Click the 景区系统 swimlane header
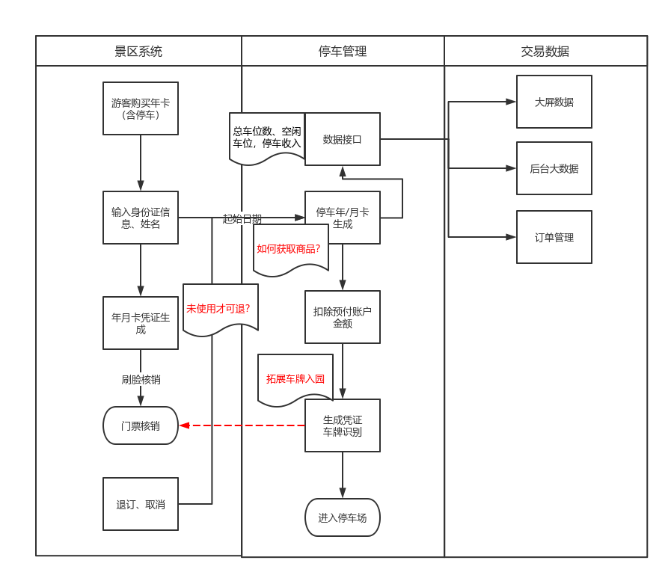tap(138, 51)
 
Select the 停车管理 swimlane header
tap(343, 51)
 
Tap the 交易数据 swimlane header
tap(545, 51)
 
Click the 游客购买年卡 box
tap(141, 108)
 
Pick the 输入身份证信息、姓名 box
tap(141, 218)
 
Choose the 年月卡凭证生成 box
tap(141, 323)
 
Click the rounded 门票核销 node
tap(141, 425)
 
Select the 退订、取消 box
tap(141, 504)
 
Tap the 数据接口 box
tap(343, 139)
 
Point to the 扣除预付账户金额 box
tap(343, 317)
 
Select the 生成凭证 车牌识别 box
tap(343, 425)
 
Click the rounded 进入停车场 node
tap(343, 517)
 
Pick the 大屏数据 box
tap(554, 102)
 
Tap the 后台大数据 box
tap(554, 168)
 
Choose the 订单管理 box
tap(554, 237)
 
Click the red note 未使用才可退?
tap(220, 308)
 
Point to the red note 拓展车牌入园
tap(295, 378)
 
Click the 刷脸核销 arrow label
tap(141, 379)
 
